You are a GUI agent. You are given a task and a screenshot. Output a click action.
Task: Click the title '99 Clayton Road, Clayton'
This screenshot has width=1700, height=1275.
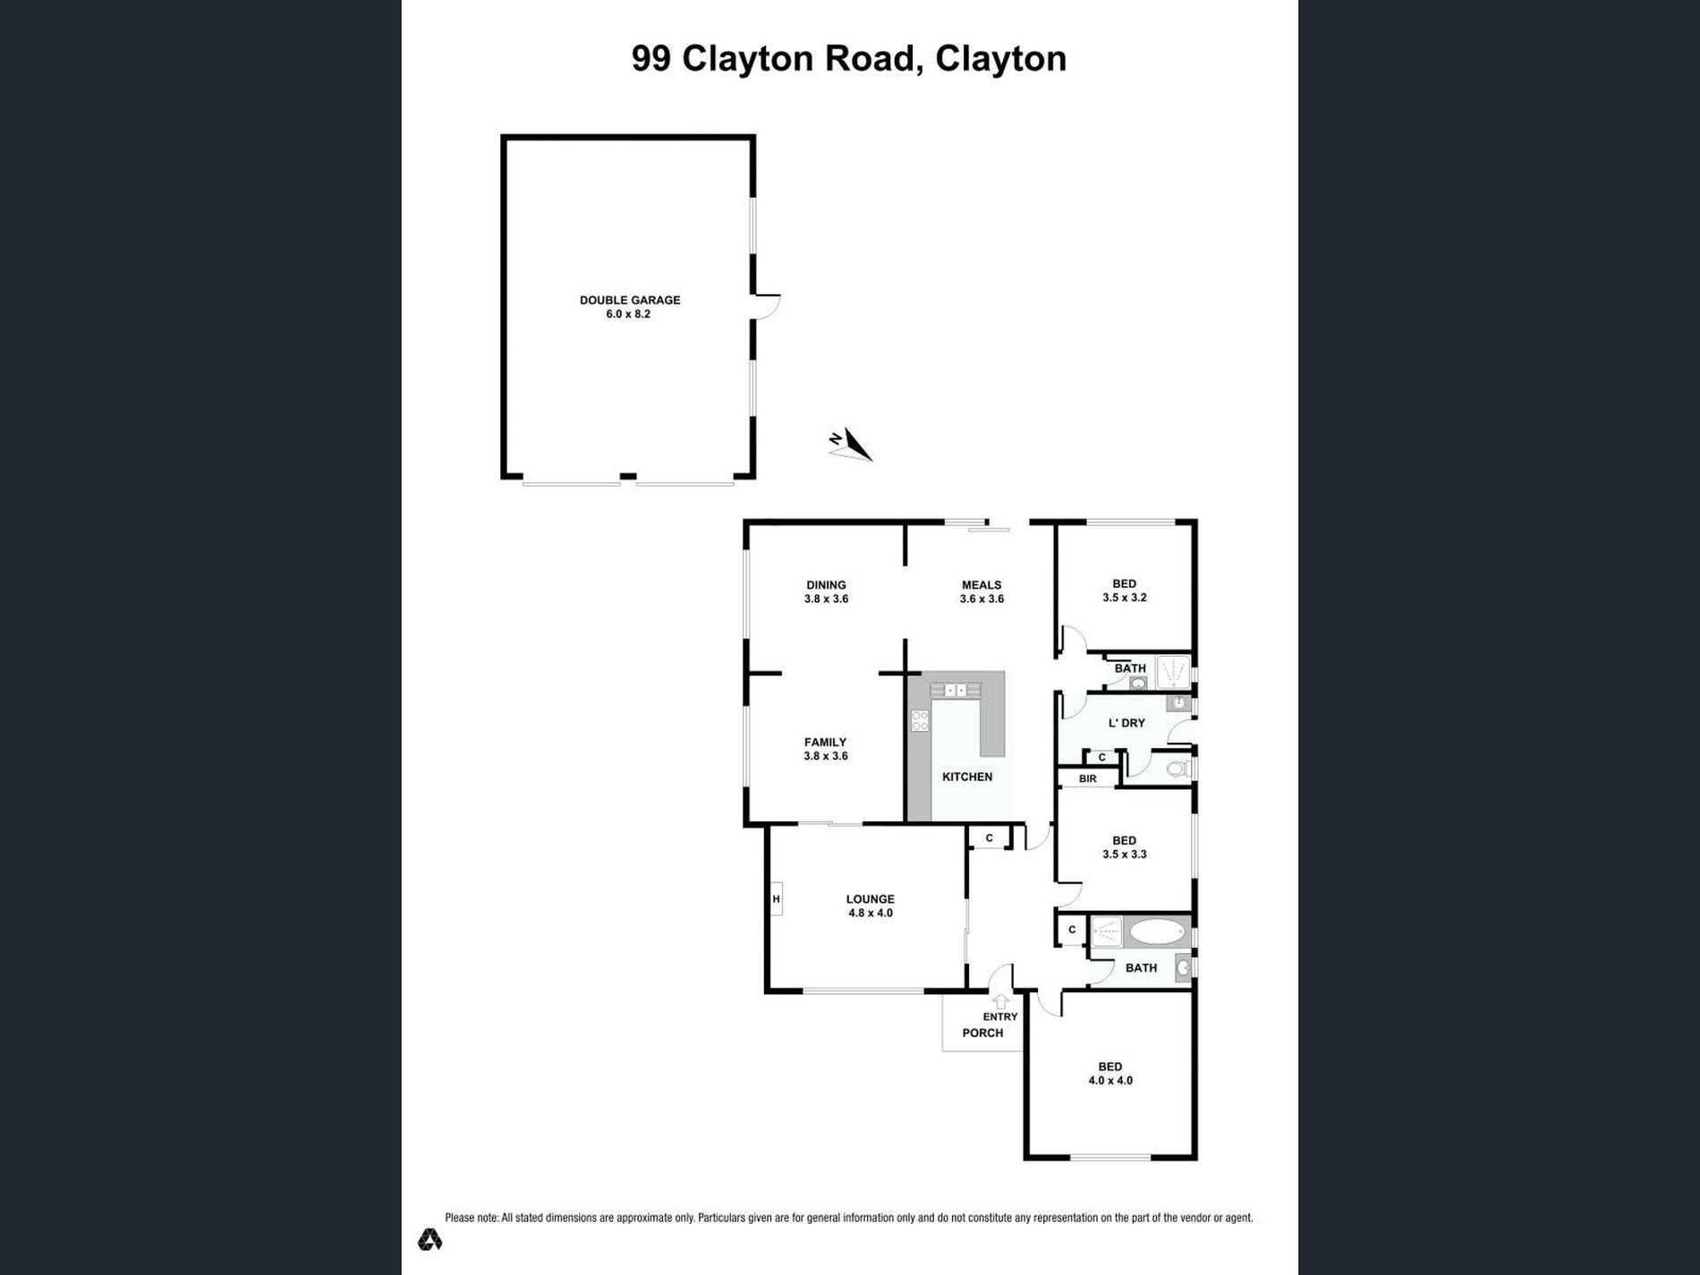pos(849,59)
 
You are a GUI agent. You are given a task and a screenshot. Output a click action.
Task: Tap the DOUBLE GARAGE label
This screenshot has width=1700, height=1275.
pos(630,301)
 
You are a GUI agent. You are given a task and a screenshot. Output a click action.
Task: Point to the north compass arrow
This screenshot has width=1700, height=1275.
pos(851,445)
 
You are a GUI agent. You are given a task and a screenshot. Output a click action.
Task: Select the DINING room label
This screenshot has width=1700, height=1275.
pos(826,585)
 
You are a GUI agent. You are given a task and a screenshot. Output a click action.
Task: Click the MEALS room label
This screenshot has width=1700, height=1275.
pos(982,585)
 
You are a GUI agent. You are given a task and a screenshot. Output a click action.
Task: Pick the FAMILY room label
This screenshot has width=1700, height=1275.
pos(825,742)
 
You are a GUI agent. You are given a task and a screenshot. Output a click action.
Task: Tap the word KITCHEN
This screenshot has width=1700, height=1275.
pos(967,777)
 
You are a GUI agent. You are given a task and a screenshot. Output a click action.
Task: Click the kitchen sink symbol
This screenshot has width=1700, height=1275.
pos(956,690)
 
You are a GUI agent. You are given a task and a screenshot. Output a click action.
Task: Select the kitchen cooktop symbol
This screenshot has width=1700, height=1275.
pos(920,720)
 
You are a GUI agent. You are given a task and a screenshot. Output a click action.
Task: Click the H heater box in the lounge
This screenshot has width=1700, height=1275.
pos(776,898)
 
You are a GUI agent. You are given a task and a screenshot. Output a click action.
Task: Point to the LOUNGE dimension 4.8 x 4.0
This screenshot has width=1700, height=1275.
pos(871,914)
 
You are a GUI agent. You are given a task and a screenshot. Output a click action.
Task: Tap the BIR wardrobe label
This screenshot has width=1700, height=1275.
pos(1087,779)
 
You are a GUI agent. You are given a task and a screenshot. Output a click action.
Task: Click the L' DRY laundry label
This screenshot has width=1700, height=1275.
pos(1126,723)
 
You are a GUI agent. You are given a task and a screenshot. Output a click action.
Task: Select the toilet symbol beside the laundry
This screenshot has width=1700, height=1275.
pos(1178,769)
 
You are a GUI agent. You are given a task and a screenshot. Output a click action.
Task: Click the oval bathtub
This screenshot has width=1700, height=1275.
pos(1157,932)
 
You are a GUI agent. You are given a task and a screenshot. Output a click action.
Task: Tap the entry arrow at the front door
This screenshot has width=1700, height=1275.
pos(1000,1001)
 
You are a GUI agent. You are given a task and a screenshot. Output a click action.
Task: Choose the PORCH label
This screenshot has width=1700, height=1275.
pos(982,1033)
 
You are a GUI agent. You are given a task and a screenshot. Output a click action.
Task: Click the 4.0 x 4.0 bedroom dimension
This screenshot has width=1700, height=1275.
pos(1110,1081)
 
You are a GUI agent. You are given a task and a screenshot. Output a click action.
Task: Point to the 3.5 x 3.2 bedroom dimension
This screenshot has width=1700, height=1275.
pos(1125,598)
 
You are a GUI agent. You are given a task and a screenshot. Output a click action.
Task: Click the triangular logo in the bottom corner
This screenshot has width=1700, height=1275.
pos(429,1239)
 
